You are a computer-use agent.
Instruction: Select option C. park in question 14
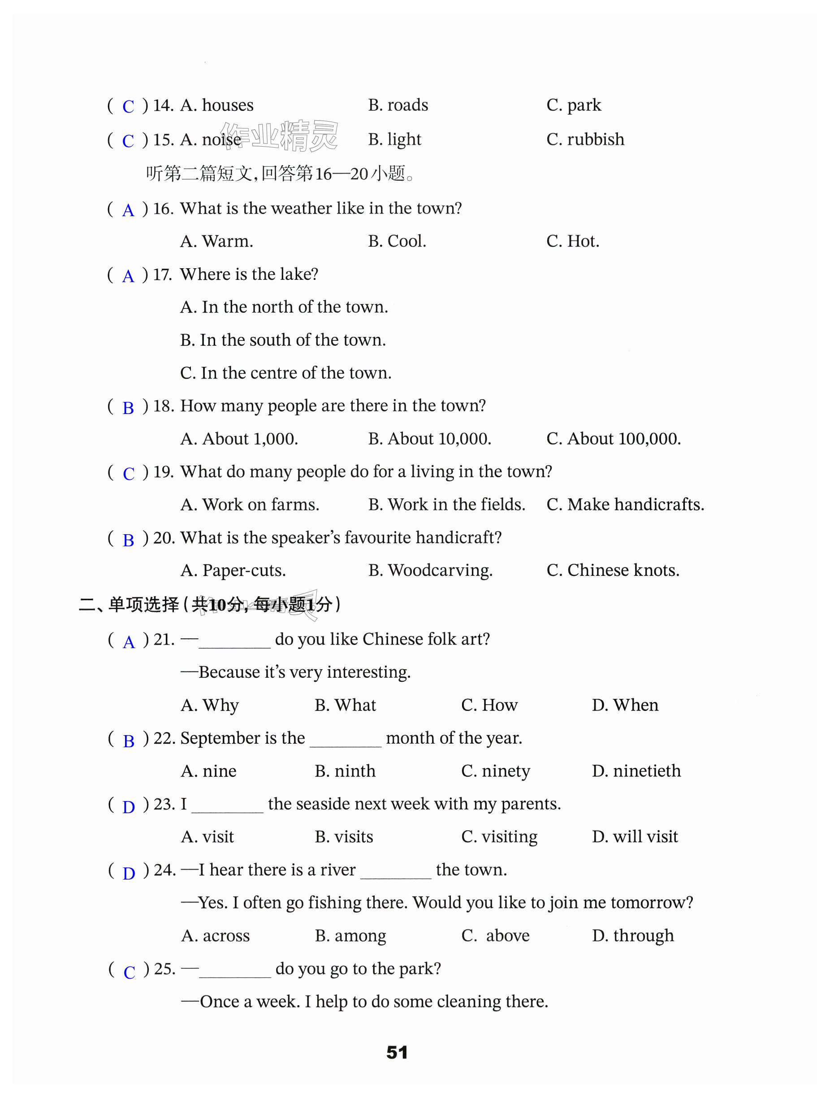click(x=574, y=105)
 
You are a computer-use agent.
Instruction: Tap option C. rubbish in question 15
click(x=585, y=140)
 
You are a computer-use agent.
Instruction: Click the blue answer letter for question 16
click(x=128, y=210)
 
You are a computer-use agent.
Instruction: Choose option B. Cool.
click(x=397, y=241)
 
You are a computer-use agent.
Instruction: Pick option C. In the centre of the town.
click(x=285, y=373)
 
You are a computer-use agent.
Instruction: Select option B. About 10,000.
click(x=429, y=439)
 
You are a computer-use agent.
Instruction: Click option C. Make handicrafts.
click(x=625, y=505)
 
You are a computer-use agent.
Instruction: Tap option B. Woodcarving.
click(x=430, y=571)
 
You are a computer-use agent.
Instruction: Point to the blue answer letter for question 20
click(x=129, y=540)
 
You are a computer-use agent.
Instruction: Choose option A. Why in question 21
click(x=210, y=706)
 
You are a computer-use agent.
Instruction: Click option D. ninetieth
click(x=636, y=771)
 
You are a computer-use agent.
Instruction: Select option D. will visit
click(x=635, y=837)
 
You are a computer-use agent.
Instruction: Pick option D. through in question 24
click(x=632, y=936)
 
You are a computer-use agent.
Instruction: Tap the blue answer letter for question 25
click(x=129, y=972)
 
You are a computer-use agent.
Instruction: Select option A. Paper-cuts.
click(x=233, y=571)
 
